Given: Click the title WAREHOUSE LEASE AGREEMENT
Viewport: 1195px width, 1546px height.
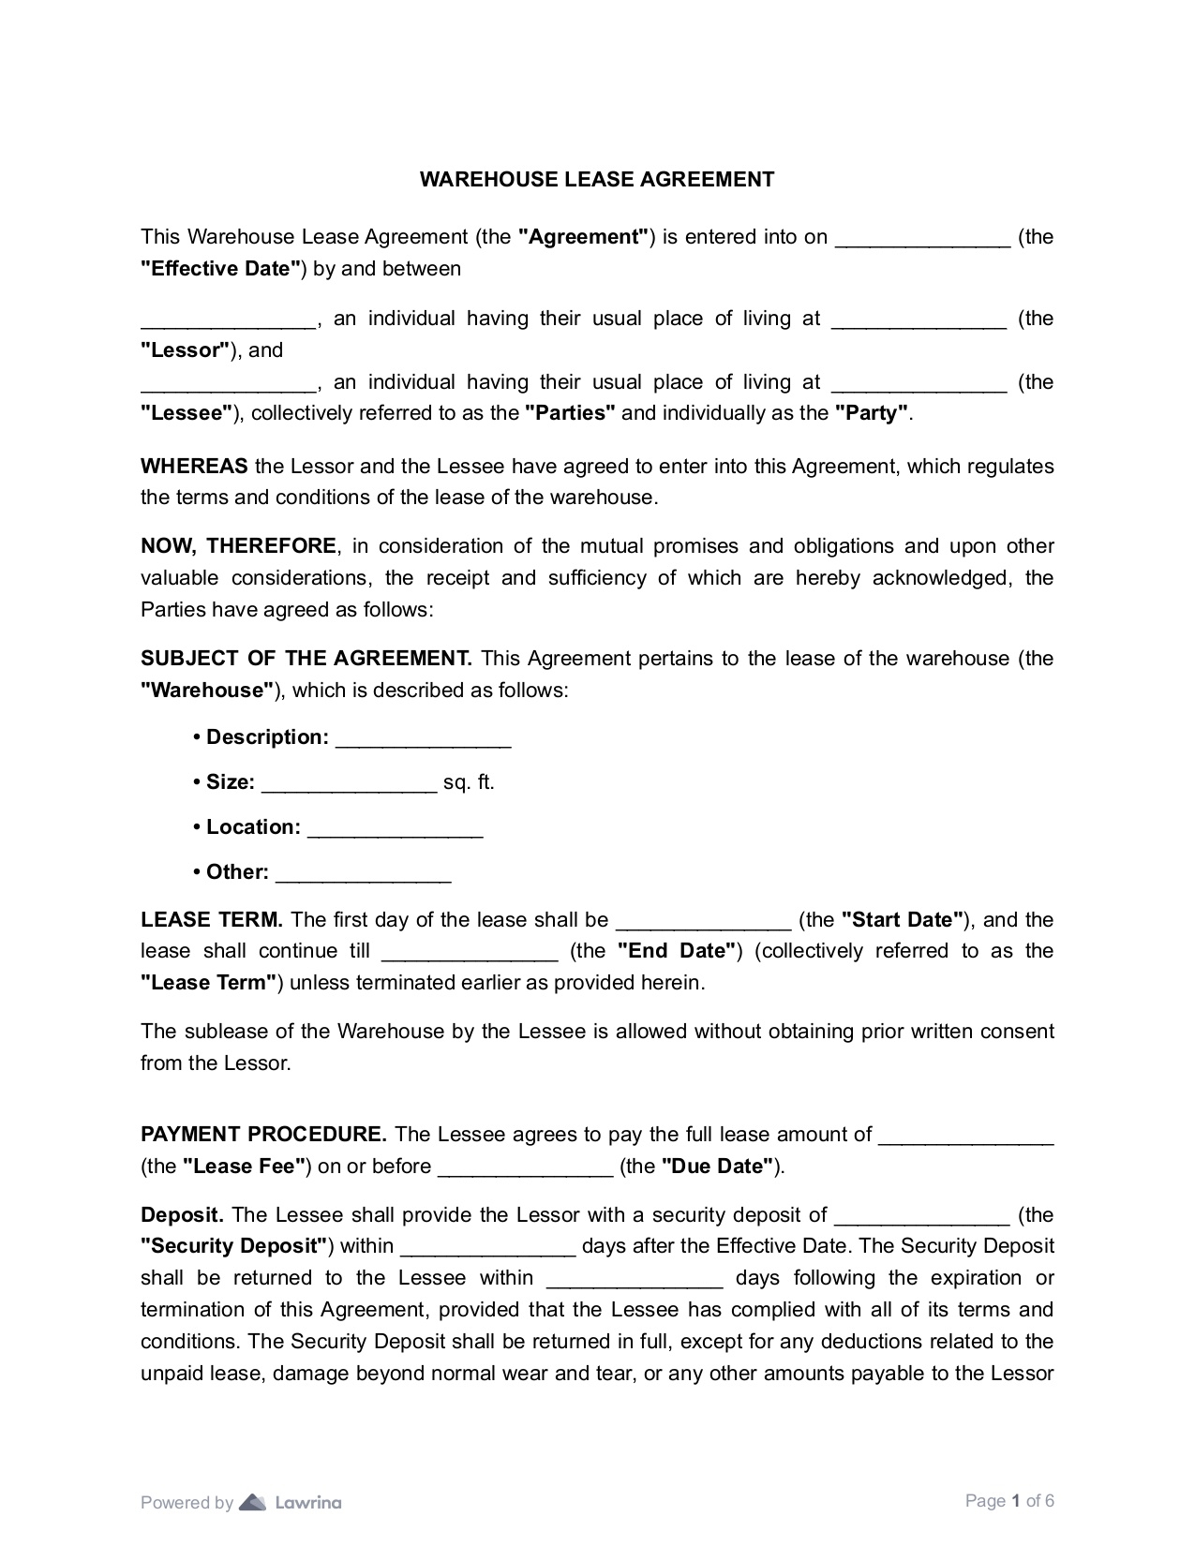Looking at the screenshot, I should [x=597, y=179].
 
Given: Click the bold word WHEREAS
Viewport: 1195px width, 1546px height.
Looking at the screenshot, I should [x=194, y=467].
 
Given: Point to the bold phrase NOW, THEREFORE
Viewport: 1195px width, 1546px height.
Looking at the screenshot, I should [x=238, y=546].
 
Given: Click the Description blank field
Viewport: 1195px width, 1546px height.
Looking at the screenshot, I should [x=423, y=740].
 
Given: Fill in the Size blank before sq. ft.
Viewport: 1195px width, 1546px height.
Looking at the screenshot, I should [x=349, y=785].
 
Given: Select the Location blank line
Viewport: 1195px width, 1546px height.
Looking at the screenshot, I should [x=395, y=830].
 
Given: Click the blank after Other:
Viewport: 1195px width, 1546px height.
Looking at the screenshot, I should [x=364, y=875].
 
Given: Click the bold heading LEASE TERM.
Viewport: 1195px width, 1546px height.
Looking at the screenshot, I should [x=212, y=920].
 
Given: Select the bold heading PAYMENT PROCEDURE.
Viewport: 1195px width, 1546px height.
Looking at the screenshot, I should [x=263, y=1135].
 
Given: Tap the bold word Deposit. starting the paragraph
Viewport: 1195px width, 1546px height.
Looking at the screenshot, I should [x=182, y=1215].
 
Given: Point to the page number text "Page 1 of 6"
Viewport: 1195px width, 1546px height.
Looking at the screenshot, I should [x=1009, y=1501].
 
